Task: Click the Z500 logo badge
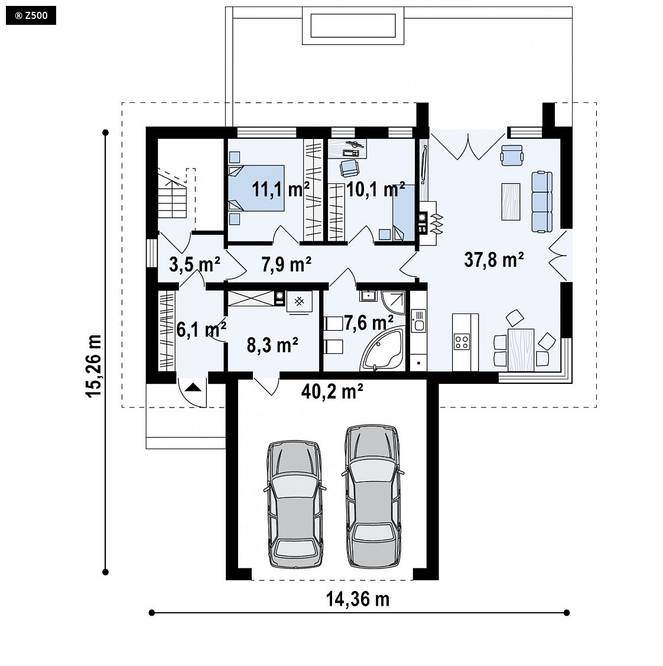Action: (x=31, y=16)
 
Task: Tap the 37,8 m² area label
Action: (x=494, y=260)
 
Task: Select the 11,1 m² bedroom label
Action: (x=281, y=189)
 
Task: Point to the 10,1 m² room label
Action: (x=376, y=189)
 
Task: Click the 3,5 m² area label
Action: (x=194, y=264)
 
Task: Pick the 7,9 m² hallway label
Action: (x=287, y=264)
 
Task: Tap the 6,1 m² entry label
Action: (x=201, y=329)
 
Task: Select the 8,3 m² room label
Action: (x=272, y=345)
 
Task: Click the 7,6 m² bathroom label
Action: (x=368, y=323)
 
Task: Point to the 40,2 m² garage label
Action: (x=332, y=391)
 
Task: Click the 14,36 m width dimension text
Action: (x=358, y=599)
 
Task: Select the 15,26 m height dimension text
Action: (x=94, y=366)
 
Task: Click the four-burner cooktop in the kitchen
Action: (x=462, y=341)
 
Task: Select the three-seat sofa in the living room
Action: (x=542, y=202)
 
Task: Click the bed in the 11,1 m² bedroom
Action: (x=256, y=188)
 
